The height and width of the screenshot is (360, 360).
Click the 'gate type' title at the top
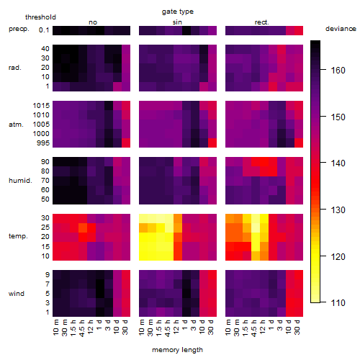click(178, 12)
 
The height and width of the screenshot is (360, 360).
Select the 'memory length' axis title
click(177, 350)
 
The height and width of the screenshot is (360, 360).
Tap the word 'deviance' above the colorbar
click(341, 29)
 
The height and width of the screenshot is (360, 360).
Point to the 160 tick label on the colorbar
click(338, 71)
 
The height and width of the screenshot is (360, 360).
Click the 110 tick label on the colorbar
click(338, 303)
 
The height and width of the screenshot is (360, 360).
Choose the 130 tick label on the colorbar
click(338, 210)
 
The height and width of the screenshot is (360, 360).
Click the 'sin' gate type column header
click(177, 22)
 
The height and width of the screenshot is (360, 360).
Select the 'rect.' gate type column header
click(261, 22)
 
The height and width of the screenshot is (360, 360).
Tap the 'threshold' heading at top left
click(40, 17)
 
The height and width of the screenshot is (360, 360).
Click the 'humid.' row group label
click(20, 181)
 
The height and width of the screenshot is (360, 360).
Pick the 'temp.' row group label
click(18, 236)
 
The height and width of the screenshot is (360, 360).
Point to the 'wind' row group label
click(17, 294)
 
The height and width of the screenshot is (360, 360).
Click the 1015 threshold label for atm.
click(41, 106)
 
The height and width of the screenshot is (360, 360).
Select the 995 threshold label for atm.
click(43, 143)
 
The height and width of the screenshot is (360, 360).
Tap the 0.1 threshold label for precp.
click(44, 30)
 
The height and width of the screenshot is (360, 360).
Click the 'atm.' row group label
click(16, 125)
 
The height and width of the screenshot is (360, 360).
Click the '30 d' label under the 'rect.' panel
click(297, 327)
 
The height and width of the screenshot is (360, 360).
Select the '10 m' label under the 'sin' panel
click(142, 327)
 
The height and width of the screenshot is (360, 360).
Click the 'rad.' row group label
click(15, 68)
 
